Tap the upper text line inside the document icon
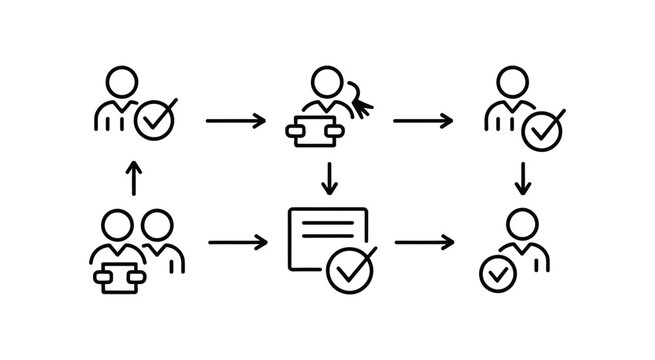click(x=327, y=224)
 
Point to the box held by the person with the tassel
click(x=314, y=130)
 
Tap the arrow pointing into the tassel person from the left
click(x=236, y=121)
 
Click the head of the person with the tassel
click(x=326, y=81)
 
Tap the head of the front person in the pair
click(x=118, y=223)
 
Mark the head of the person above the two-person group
click(x=122, y=79)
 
